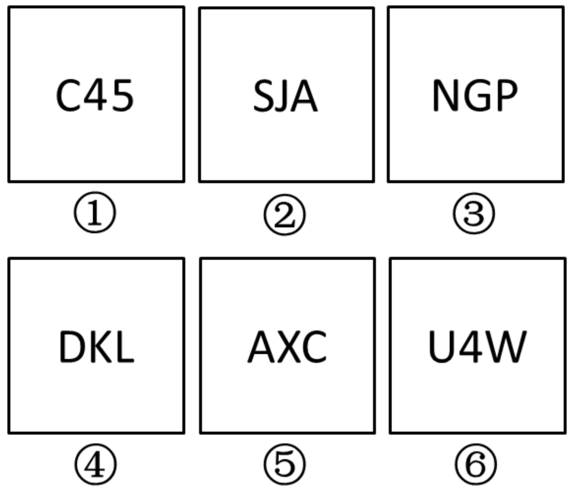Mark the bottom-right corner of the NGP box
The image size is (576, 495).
(x=563, y=182)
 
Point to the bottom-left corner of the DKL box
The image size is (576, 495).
(x=9, y=433)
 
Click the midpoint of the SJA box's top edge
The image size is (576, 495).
(x=287, y=8)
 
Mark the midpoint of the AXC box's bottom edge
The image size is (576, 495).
(x=288, y=433)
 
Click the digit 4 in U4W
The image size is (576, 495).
(x=471, y=347)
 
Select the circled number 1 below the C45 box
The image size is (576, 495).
(x=95, y=212)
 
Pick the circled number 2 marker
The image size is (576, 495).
(x=284, y=215)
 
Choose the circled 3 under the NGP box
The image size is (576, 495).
(x=474, y=213)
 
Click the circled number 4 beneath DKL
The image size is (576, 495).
(x=95, y=464)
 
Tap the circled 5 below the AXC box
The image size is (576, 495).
(x=284, y=464)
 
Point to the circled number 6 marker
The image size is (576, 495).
(x=476, y=464)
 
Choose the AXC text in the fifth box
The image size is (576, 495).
(x=287, y=347)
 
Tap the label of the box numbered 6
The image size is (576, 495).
(x=478, y=347)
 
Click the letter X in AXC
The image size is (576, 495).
(x=289, y=347)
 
